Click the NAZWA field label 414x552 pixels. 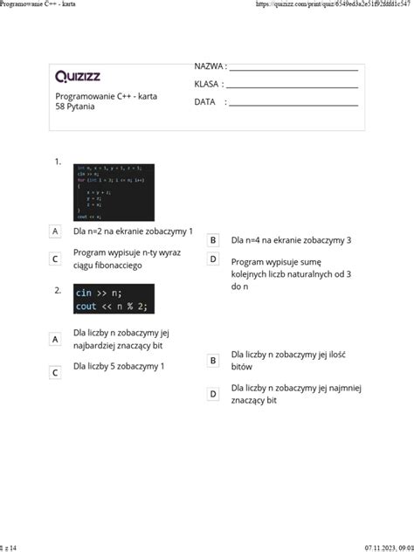(x=210, y=66)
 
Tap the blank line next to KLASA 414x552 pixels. (x=293, y=86)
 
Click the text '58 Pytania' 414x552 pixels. (x=75, y=106)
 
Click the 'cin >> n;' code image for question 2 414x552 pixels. (x=114, y=298)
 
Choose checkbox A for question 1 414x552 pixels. (x=55, y=231)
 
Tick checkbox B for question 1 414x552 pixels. (x=212, y=240)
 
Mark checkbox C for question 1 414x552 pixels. (x=55, y=259)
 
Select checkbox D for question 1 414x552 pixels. (x=212, y=259)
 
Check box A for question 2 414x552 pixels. (x=55, y=338)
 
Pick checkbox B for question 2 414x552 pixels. (x=212, y=360)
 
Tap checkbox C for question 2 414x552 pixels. (x=55, y=372)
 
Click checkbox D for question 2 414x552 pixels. (x=212, y=394)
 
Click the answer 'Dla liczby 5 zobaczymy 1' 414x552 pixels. (x=119, y=366)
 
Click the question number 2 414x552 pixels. (x=57, y=290)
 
